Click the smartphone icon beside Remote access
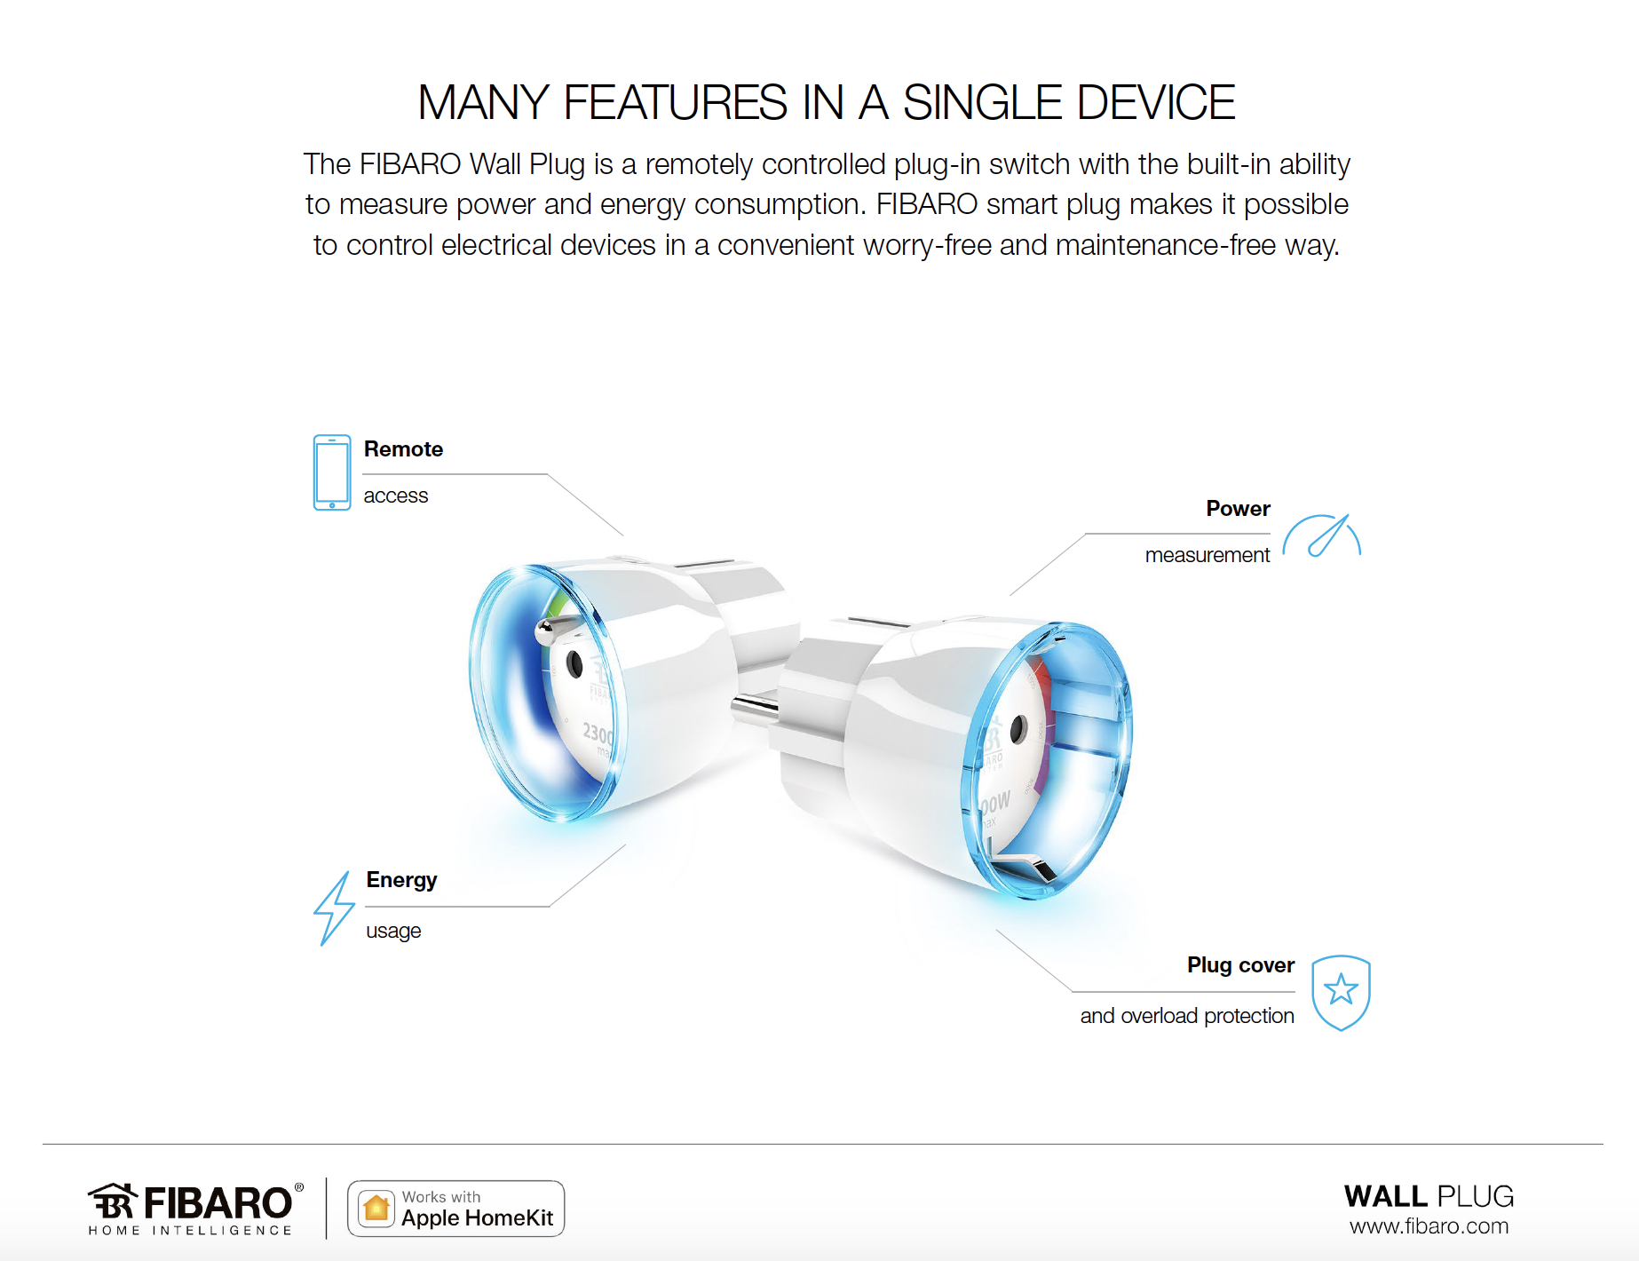332,472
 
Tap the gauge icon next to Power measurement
1322,535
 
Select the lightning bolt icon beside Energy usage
334,908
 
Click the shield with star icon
1341,993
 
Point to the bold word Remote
403,449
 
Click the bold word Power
1238,509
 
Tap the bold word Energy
401,880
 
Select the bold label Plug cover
1240,965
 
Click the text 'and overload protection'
1187,1016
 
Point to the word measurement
1207,555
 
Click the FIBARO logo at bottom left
195,1209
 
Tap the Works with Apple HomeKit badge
455,1209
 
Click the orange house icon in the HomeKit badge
376,1209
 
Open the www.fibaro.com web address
1429,1226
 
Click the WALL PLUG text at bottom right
1429,1196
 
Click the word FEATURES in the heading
675,102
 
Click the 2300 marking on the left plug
598,734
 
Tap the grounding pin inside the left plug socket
550,630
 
